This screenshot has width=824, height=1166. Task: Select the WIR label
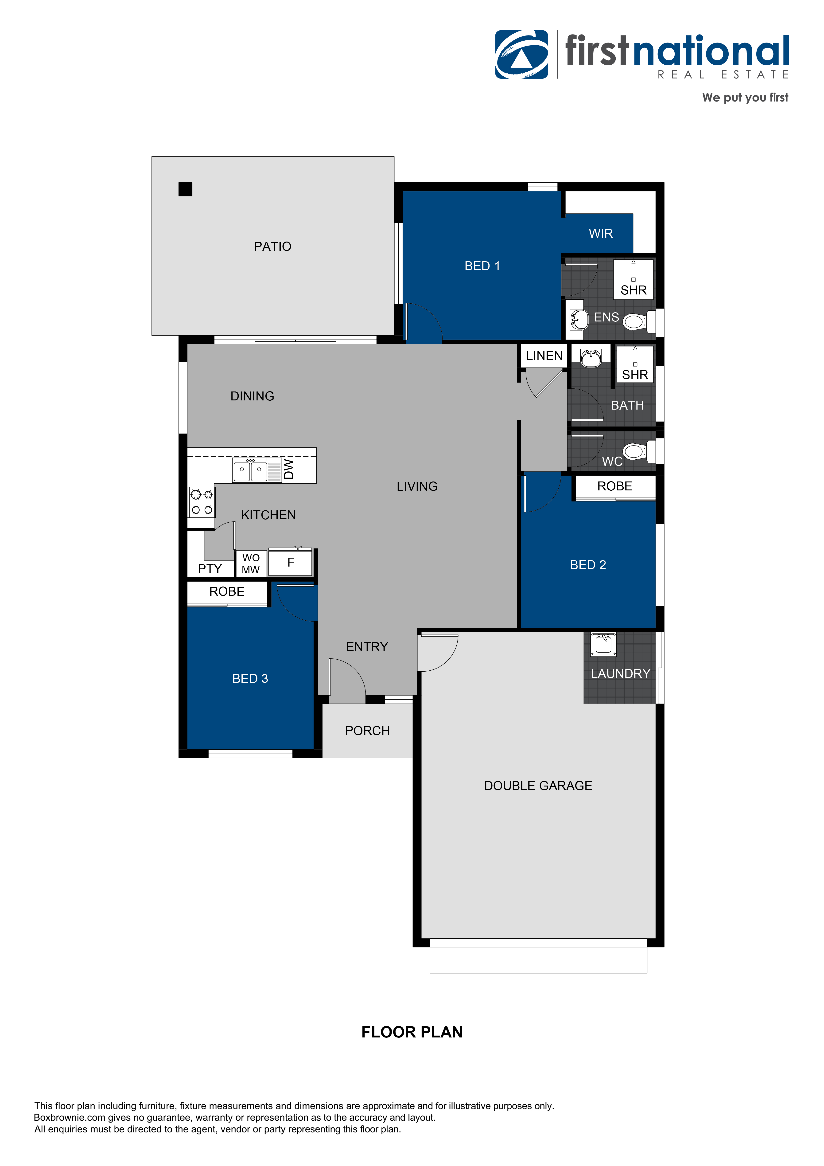click(601, 234)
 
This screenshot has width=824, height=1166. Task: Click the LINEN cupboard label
click(544, 356)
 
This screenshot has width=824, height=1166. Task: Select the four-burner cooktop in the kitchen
click(202, 502)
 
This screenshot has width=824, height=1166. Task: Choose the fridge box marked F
click(290, 563)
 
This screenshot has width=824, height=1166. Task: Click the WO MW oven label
click(251, 564)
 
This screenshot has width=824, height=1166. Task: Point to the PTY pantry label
click(210, 569)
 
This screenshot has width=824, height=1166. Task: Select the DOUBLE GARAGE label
click(538, 786)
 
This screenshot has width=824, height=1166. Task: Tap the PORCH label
click(367, 731)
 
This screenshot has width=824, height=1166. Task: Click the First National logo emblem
click(521, 54)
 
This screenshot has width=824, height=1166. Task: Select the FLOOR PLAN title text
click(412, 1032)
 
